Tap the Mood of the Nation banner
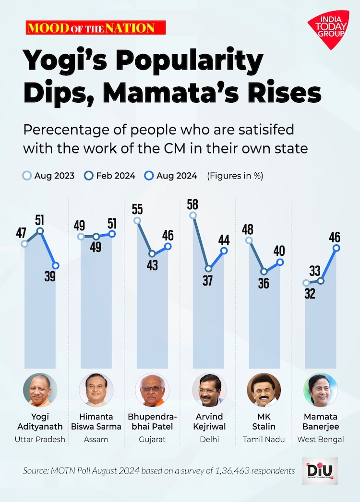coord(96,27)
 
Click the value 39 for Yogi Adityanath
coord(50,277)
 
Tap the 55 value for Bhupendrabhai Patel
coord(138,209)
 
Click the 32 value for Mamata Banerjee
coord(310,294)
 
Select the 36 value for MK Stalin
coord(263,283)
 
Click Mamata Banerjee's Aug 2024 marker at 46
coord(336,248)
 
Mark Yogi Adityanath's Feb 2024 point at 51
coord(40,231)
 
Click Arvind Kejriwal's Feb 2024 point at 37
coord(208,269)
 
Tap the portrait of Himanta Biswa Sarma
coord(96,390)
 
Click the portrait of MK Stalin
coord(264,390)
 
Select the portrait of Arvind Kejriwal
coord(208,390)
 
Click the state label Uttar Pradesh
coord(40,439)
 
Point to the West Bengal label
coord(321,439)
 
